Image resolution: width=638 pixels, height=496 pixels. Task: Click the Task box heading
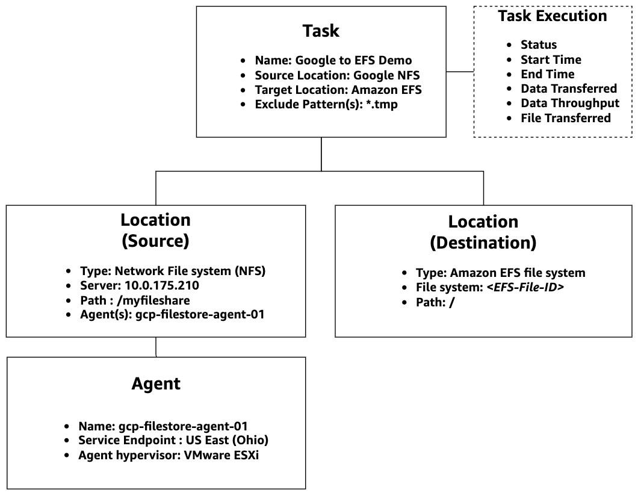[321, 31]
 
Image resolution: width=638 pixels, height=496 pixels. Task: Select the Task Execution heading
[552, 16]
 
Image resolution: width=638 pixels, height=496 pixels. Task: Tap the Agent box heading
[156, 383]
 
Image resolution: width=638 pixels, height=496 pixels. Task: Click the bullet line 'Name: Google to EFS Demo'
[333, 60]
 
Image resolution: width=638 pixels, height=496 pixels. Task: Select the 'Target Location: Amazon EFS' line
[338, 90]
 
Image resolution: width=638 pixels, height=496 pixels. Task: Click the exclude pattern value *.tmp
[382, 104]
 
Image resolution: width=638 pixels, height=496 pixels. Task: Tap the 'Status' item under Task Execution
[538, 45]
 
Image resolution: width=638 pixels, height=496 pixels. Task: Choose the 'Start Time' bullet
[550, 60]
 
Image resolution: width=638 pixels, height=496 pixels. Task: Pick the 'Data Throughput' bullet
[569, 103]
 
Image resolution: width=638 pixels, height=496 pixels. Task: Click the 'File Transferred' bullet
[565, 118]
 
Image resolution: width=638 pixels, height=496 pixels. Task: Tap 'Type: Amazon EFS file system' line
[500, 273]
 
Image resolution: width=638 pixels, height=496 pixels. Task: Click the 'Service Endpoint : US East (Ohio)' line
[173, 440]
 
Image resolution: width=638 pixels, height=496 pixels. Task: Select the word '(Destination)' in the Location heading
[483, 243]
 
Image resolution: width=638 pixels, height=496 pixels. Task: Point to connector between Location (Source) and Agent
[156, 347]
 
